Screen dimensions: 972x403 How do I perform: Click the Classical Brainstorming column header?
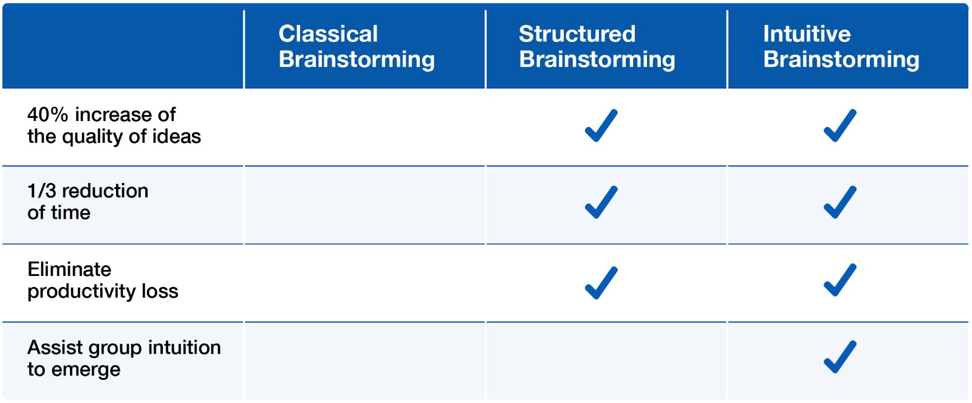click(356, 46)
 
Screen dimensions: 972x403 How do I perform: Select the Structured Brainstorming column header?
click(597, 46)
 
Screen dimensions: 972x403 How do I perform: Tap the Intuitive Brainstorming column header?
click(841, 46)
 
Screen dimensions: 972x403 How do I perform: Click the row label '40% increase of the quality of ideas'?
click(114, 125)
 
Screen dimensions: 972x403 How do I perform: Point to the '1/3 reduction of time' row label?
click(87, 202)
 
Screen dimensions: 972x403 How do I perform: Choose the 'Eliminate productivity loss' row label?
click(103, 281)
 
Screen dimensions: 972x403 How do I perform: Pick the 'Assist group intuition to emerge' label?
click(124, 359)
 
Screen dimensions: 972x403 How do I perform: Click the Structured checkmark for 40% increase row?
click(601, 125)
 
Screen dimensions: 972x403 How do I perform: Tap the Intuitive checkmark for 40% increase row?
click(840, 125)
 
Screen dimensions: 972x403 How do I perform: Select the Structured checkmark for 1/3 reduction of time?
click(601, 202)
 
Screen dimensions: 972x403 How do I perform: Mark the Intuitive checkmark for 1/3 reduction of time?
click(840, 202)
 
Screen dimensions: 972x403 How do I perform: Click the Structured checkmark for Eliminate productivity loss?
click(601, 283)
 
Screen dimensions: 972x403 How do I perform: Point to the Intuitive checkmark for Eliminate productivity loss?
click(840, 280)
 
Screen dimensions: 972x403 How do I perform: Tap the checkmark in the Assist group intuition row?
click(840, 357)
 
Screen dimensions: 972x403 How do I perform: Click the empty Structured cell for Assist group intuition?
click(606, 361)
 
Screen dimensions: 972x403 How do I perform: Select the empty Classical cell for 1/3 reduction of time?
click(364, 205)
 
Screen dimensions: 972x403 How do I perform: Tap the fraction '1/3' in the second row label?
click(42, 191)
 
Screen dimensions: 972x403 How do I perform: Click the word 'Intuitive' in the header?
click(807, 34)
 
